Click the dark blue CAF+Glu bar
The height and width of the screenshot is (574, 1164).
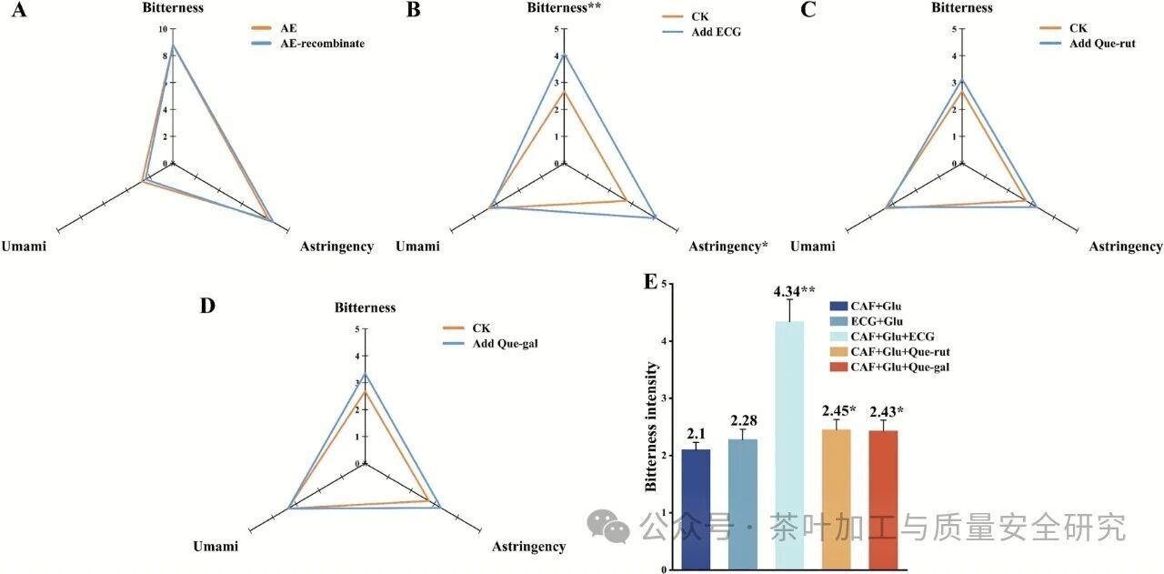pos(696,509)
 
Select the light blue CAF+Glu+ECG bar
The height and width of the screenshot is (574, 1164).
pos(789,445)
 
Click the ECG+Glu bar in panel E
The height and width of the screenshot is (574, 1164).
pos(742,504)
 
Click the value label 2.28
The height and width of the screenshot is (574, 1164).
pos(743,420)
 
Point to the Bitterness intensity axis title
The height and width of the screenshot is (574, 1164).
pos(652,427)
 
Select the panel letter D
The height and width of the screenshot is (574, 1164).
pos(207,305)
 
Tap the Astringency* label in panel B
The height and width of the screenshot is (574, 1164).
pos(728,246)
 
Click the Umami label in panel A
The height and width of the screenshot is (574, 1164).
pos(25,246)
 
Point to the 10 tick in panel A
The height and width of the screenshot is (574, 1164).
pos(164,29)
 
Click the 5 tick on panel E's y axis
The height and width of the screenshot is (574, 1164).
pos(665,284)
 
